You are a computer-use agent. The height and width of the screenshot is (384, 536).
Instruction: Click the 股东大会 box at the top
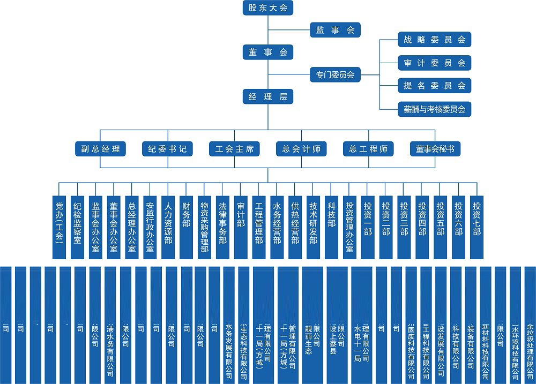pyautogui.click(x=268, y=7)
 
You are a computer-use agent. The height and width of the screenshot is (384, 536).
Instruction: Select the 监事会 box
pyautogui.click(x=335, y=30)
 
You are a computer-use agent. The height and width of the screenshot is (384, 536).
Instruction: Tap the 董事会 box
pyautogui.click(x=268, y=52)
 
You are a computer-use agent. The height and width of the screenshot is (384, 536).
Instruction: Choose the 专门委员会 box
pyautogui.click(x=335, y=74)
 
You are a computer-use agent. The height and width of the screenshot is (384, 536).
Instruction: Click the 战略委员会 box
pyautogui.click(x=434, y=40)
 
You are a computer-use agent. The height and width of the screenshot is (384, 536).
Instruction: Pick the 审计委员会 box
pyautogui.click(x=434, y=63)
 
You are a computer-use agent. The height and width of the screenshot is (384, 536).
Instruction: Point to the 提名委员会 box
pyautogui.click(x=434, y=86)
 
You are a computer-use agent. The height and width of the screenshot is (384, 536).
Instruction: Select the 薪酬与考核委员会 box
pyautogui.click(x=434, y=109)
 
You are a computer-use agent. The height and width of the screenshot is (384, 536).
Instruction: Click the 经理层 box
pyautogui.click(x=268, y=97)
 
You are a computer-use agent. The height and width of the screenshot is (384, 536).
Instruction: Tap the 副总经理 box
pyautogui.click(x=100, y=149)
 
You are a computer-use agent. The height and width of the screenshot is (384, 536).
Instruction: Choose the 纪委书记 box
pyautogui.click(x=167, y=149)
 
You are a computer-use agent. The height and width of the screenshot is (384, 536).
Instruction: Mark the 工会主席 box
pyautogui.click(x=234, y=149)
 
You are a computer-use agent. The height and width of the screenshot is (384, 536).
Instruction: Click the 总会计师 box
pyautogui.click(x=301, y=149)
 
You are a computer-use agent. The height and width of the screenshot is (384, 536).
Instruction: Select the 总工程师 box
pyautogui.click(x=368, y=149)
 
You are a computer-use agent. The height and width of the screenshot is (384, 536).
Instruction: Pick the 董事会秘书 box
pyautogui.click(x=435, y=149)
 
